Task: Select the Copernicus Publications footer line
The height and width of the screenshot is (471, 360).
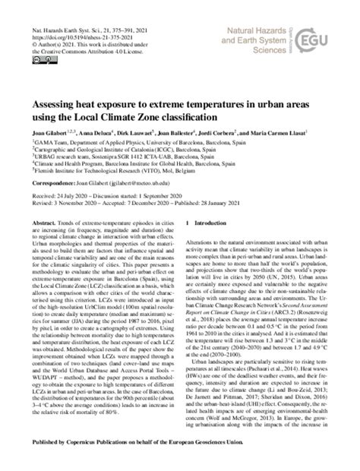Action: [180, 462]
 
